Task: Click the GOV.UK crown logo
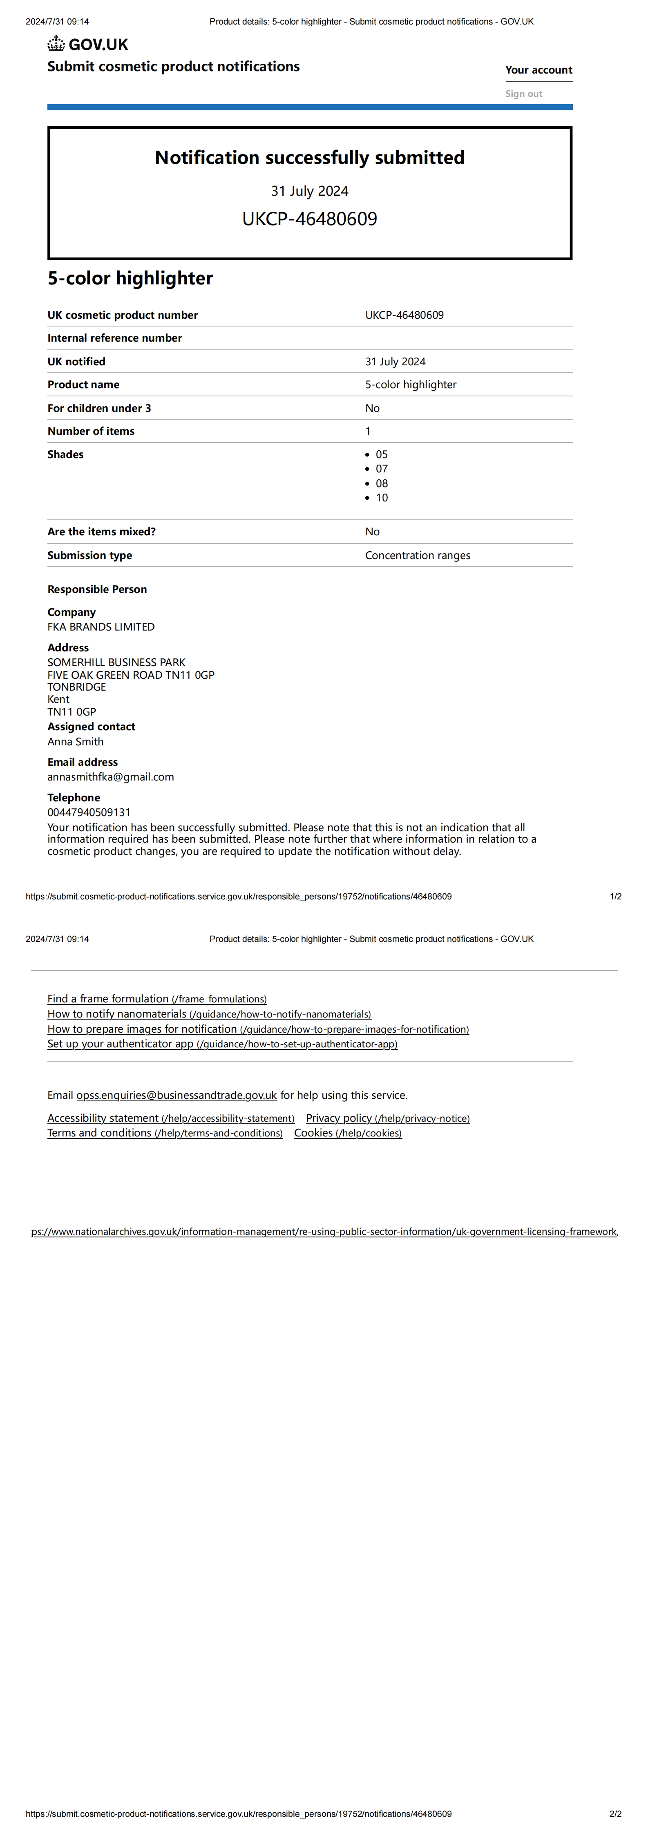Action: click(56, 45)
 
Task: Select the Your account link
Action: click(539, 70)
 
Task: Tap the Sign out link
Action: click(523, 94)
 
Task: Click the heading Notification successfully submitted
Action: click(310, 157)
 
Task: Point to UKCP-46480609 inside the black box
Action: click(310, 219)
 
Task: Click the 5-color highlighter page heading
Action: click(130, 278)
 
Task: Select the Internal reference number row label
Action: click(115, 338)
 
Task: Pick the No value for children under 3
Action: click(373, 408)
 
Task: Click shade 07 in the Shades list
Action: click(382, 468)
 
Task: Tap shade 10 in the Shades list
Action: click(382, 498)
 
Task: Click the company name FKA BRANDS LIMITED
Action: click(101, 626)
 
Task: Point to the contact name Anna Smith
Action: click(76, 741)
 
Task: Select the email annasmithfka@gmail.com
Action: click(110, 777)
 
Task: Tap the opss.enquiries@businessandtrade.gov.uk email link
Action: click(177, 1095)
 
